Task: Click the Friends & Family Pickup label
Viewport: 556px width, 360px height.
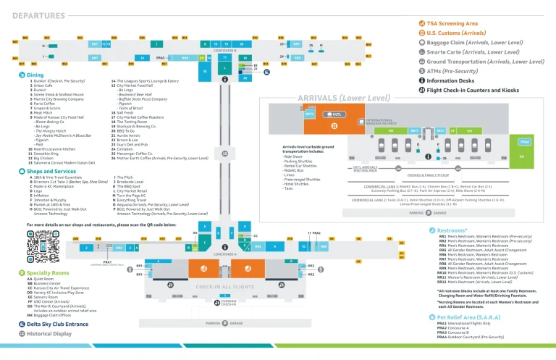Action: pyautogui.click(x=428, y=175)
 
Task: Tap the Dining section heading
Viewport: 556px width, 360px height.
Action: pyautogui.click(x=35, y=74)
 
